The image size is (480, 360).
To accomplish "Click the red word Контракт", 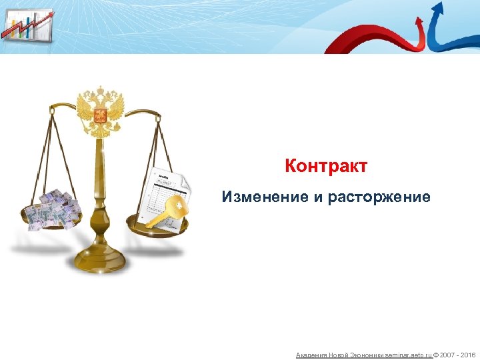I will [x=325, y=166].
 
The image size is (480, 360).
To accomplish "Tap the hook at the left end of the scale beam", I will [x=53, y=108].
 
